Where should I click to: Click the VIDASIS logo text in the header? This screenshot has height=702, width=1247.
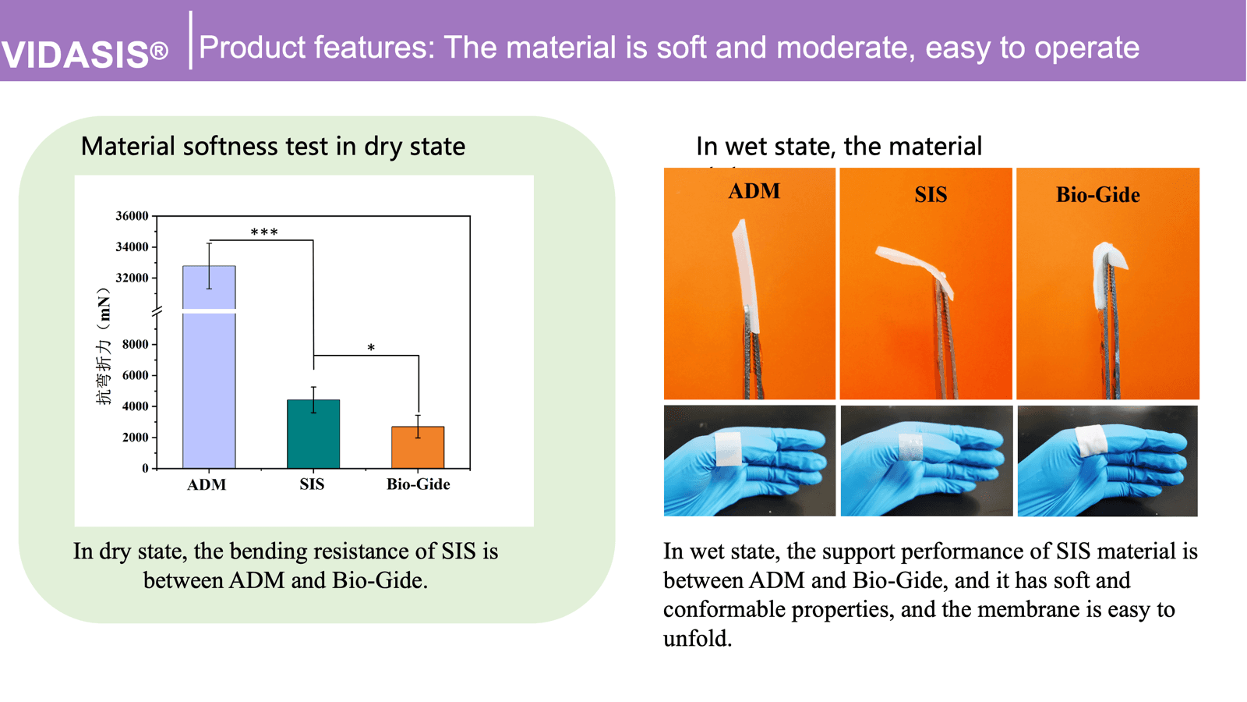pos(84,54)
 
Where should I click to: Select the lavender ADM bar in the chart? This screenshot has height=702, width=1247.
pos(209,374)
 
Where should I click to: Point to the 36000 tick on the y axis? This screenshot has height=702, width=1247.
pos(132,216)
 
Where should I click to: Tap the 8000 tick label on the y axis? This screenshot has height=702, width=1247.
pos(135,344)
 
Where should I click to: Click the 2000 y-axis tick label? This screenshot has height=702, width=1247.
pos(135,438)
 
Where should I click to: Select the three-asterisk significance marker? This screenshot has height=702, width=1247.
pos(264,232)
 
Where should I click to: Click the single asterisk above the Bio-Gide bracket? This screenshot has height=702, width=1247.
pos(371,348)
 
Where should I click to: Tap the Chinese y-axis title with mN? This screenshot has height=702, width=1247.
pos(103,347)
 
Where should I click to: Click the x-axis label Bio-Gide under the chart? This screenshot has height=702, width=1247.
pos(418,484)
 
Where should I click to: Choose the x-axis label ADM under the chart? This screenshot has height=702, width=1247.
pos(207,484)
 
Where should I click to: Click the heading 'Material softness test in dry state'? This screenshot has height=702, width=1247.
pos(273,146)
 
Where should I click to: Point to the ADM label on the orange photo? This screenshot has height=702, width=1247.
pos(754,192)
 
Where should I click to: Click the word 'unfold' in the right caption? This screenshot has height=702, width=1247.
pos(696,639)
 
